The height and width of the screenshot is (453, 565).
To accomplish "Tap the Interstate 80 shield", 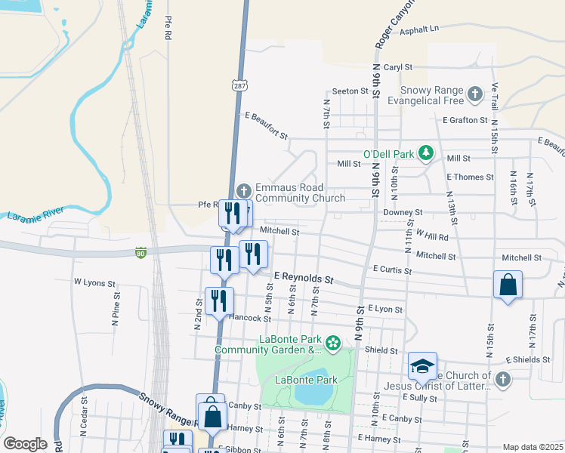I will pos(140,253).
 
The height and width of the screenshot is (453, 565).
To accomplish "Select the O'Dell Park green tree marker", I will pos(426,154).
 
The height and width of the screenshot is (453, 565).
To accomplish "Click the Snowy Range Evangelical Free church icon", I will pos(474,94).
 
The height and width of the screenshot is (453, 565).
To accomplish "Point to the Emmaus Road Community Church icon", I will pos(244,190).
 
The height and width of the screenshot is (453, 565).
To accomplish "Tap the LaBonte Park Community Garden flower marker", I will pos(333,344).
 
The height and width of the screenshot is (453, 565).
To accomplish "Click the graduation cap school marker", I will pos(422,366).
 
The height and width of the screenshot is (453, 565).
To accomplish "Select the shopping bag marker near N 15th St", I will pos(508,286).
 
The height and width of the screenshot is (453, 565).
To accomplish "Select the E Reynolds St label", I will pos(304,279).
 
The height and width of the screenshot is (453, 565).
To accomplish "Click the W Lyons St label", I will pos(94,282).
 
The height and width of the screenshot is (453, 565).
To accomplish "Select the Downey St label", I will pos(408,214).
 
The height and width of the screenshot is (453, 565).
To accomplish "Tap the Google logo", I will pos(25,443).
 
